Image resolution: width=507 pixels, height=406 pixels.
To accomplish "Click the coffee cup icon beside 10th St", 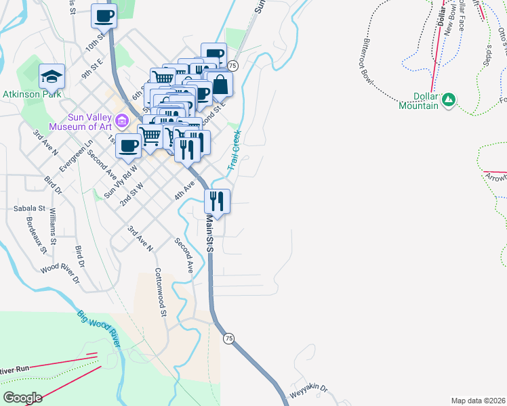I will [104, 15].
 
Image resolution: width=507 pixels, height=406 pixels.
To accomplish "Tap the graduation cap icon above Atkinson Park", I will [51, 76].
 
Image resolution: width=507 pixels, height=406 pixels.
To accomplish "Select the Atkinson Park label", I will [32, 94].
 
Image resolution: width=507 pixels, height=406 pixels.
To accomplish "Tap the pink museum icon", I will [122, 121].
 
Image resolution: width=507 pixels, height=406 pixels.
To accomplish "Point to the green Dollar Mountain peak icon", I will [447, 100].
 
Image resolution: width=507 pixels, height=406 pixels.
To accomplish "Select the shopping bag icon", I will [220, 84].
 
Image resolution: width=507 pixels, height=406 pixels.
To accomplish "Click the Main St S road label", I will [209, 233].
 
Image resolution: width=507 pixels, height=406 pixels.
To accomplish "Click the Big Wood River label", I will [99, 329].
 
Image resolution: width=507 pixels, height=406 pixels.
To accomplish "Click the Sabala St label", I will [29, 209].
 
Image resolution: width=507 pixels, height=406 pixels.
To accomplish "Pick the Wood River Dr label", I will [60, 274].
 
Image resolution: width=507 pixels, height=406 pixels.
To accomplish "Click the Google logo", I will [22, 397].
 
